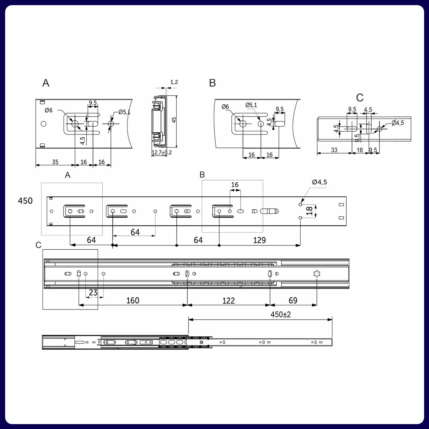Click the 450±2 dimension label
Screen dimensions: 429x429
280,314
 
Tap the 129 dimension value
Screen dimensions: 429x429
259,240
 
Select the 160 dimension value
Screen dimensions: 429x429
133,301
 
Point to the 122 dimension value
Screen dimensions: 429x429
228,301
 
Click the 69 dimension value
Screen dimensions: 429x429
293,301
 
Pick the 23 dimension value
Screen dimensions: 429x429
93,293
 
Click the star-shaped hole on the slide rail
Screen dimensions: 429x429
317,274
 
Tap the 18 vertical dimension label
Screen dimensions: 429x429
309,211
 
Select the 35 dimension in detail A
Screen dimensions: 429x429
55,162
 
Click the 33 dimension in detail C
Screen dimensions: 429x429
334,150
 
